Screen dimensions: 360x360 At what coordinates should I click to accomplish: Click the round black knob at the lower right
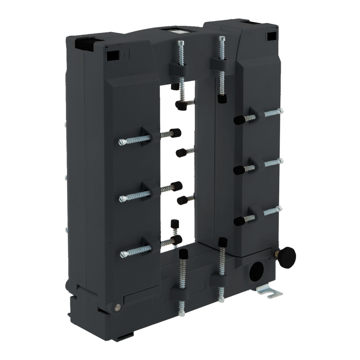click(287, 257)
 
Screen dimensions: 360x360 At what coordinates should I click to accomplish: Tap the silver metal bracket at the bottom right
click(270, 291)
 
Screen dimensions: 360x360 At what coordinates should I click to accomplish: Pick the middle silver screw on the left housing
click(134, 196)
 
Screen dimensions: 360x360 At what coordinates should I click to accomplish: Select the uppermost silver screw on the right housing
click(273, 113)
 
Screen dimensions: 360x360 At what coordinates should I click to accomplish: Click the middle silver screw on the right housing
click(273, 162)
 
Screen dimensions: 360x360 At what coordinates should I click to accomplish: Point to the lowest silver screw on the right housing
click(273, 211)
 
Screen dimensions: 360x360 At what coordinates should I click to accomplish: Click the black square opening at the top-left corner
click(82, 45)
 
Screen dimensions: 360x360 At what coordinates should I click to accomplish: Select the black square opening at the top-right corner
click(271, 36)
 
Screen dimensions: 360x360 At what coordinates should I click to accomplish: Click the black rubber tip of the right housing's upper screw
click(239, 120)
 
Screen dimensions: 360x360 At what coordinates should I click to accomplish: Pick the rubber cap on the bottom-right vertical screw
click(222, 242)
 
